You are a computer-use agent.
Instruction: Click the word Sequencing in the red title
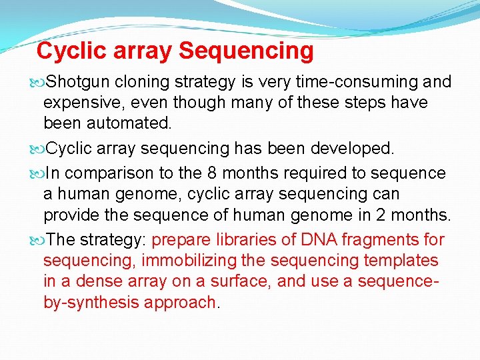point(246,51)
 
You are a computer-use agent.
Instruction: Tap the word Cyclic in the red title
point(69,51)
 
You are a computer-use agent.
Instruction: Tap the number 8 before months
point(211,173)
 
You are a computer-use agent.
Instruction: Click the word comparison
point(110,173)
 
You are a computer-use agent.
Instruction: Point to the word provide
point(69,216)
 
